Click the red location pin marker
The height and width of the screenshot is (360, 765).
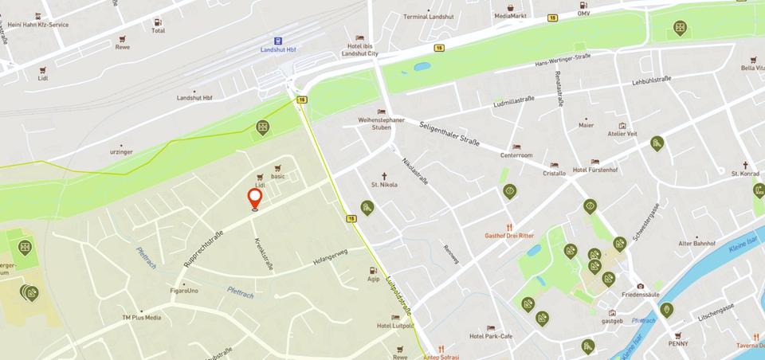[255, 198]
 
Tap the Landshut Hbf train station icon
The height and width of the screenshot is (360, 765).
[277, 40]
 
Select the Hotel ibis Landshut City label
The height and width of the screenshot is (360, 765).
[359, 49]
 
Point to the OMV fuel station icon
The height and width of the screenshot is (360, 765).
[584, 3]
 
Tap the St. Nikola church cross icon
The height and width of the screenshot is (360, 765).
[383, 176]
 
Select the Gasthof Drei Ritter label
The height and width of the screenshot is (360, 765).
[509, 235]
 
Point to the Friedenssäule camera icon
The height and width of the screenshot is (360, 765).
[640, 286]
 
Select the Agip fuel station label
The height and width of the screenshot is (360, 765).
[373, 280]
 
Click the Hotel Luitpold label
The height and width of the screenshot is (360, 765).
[394, 326]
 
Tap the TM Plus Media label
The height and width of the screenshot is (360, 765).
[141, 318]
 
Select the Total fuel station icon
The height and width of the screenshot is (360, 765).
[158, 22]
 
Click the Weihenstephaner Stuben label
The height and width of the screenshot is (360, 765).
[381, 123]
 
